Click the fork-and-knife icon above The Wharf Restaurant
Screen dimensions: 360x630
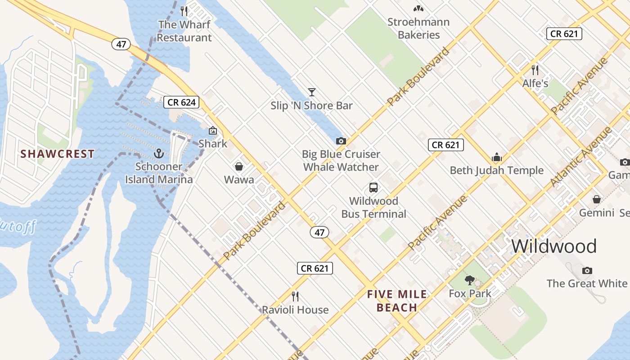point(184,11)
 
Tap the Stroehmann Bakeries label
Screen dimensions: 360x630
point(418,28)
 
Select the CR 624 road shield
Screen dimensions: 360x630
point(181,102)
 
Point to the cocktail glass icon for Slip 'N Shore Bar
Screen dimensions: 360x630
point(311,92)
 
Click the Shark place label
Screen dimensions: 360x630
point(213,144)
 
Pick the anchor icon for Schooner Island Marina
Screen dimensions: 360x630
point(158,153)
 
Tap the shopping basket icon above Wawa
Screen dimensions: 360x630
point(239,166)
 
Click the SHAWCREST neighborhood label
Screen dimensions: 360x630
point(58,153)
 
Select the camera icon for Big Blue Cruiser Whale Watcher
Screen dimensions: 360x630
point(341,141)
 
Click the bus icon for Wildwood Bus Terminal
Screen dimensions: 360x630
point(373,187)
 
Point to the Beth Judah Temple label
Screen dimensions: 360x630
point(497,171)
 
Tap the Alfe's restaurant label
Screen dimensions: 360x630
point(535,83)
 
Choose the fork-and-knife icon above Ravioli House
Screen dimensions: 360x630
point(295,296)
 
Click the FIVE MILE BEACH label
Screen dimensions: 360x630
point(397,301)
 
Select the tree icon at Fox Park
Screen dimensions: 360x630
point(470,280)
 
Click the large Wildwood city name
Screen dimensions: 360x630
point(554,246)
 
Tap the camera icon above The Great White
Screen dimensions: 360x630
point(587,270)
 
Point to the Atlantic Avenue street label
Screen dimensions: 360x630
point(581,157)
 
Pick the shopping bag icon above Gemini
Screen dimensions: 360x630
point(597,199)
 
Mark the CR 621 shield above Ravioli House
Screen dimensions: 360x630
point(315,268)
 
